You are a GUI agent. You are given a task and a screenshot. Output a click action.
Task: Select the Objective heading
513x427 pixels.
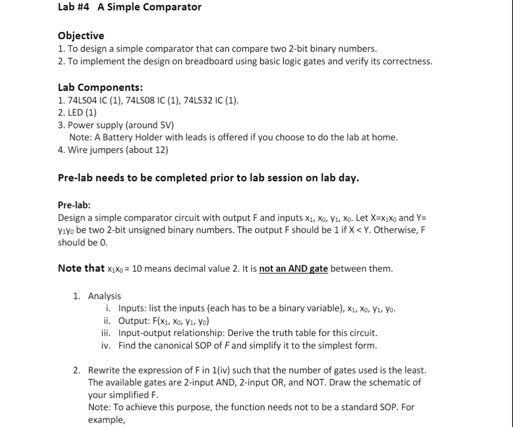click(x=81, y=36)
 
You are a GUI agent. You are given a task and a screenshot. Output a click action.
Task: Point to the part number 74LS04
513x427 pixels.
click(x=81, y=100)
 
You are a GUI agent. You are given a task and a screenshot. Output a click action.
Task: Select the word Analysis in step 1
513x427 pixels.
click(x=104, y=296)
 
